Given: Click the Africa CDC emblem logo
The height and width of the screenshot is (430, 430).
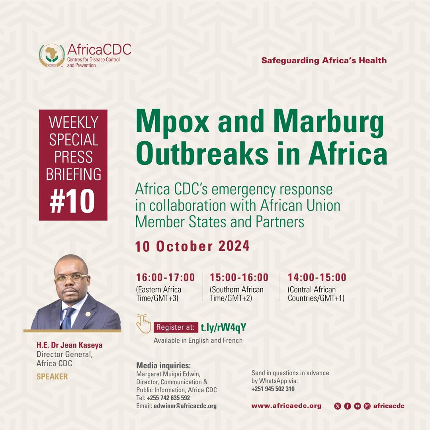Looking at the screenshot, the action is click(52, 56).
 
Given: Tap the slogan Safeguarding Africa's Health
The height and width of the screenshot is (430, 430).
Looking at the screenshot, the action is click(324, 61).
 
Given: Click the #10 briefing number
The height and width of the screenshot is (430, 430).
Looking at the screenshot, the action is click(72, 201).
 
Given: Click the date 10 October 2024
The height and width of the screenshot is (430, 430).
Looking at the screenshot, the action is click(192, 246).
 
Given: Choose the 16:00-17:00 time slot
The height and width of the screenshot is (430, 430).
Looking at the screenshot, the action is click(165, 277).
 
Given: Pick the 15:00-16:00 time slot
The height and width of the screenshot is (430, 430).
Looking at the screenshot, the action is click(239, 277).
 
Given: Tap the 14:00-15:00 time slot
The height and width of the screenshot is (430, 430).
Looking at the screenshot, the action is click(317, 277).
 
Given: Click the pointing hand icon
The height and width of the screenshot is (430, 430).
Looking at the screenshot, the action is click(144, 324).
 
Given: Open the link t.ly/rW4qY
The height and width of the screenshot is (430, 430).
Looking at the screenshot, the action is click(223, 327).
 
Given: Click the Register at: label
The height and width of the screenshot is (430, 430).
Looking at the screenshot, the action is click(176, 327).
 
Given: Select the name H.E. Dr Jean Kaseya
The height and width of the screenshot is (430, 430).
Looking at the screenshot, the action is click(69, 345).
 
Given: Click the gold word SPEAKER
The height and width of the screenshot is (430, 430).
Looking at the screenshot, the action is click(52, 377).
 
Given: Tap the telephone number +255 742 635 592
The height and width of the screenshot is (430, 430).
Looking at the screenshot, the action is click(168, 398).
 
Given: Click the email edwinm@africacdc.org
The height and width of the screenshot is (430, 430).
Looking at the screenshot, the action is click(185, 406).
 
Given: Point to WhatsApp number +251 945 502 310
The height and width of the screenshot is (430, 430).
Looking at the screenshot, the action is click(273, 389).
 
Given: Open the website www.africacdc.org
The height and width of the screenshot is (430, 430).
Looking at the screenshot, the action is click(286, 406).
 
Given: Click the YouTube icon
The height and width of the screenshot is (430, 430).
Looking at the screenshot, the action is click(357, 406).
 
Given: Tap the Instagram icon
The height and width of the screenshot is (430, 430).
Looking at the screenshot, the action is click(367, 406).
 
